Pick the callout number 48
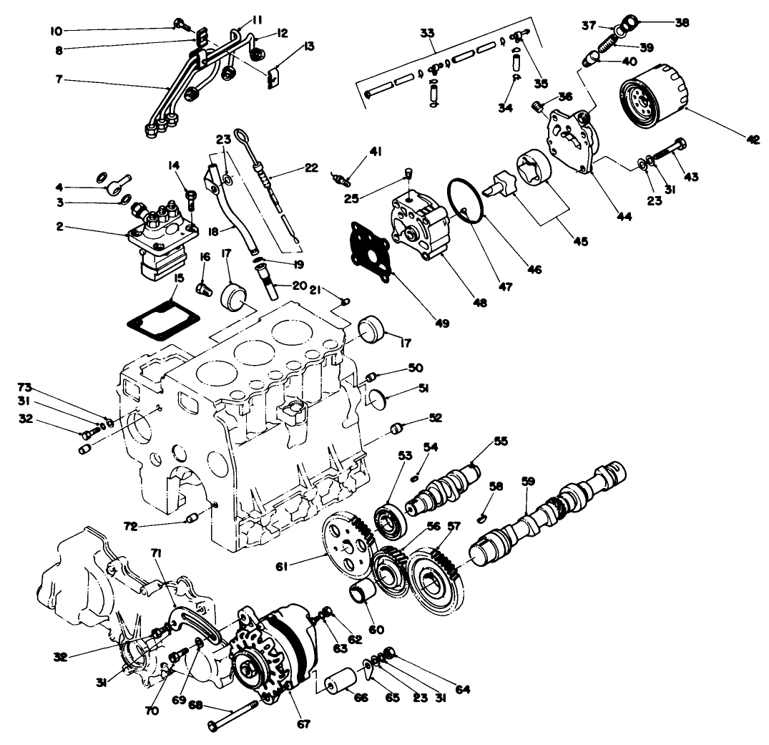click(480, 303)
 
